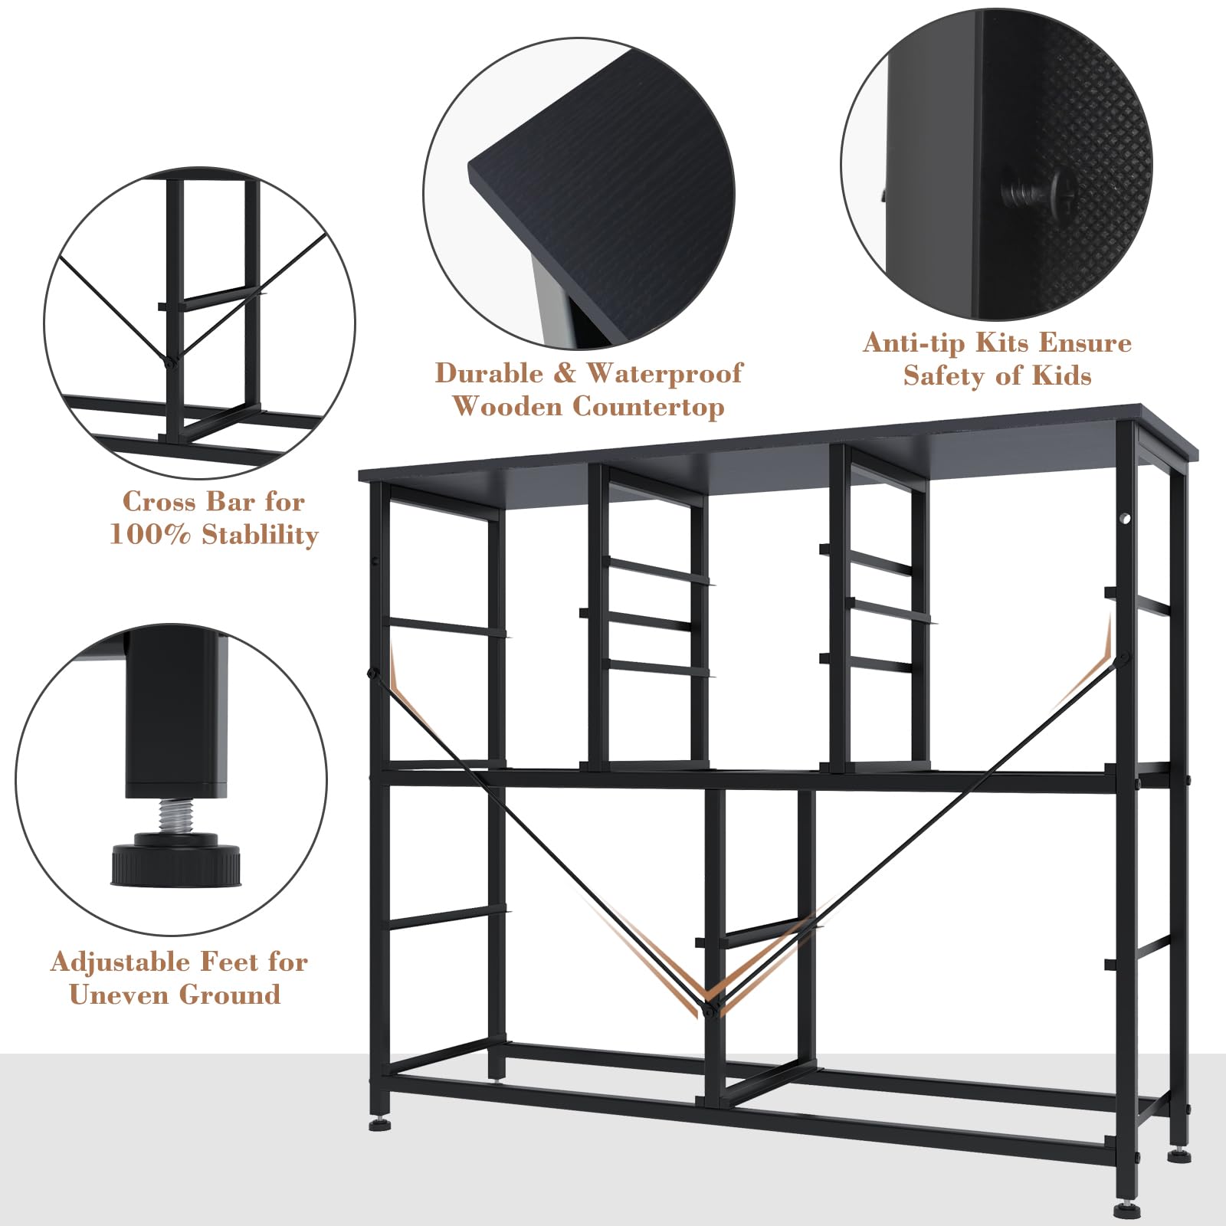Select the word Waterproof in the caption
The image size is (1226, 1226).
(664, 374)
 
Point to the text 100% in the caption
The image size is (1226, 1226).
(150, 535)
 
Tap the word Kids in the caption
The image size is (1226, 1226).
(1060, 375)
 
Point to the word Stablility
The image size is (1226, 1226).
(260, 535)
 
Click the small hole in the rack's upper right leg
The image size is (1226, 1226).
(1126, 519)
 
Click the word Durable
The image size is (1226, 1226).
(489, 374)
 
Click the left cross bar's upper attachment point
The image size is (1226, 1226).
(373, 674)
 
